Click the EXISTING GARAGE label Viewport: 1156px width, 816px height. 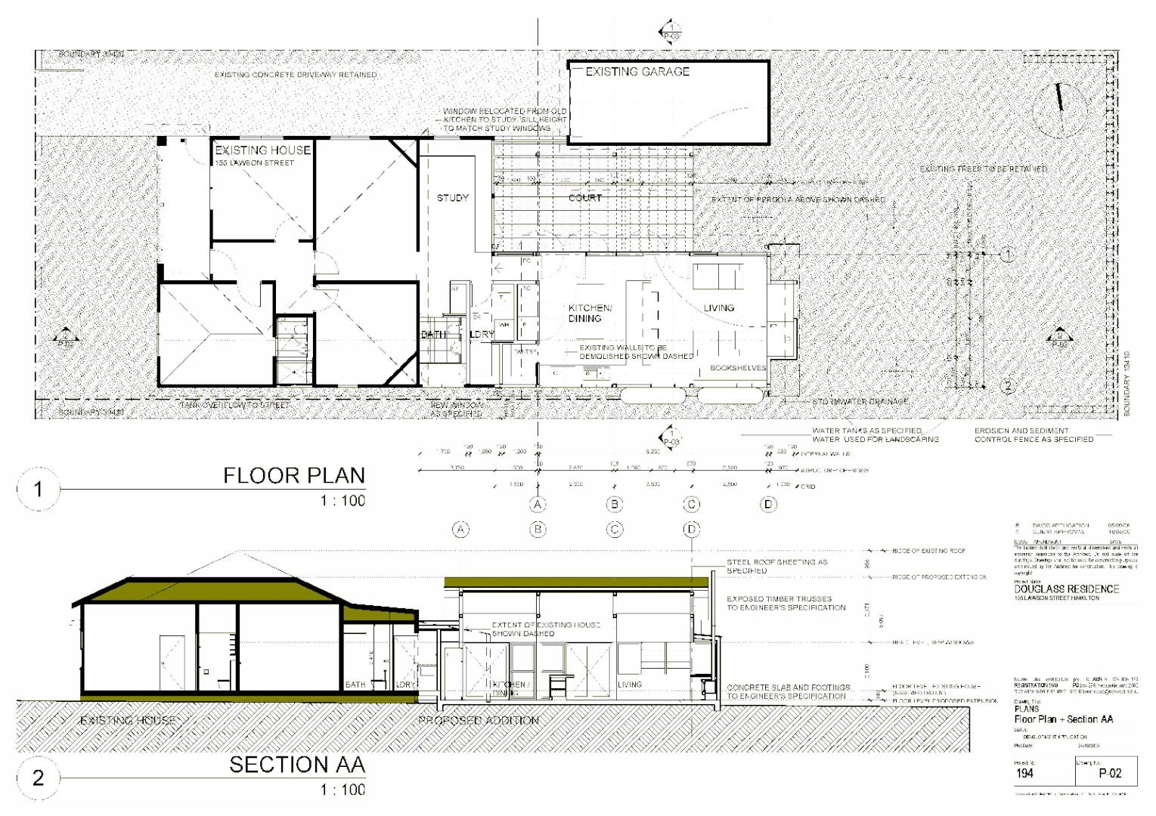(637, 72)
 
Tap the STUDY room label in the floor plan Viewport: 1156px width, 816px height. (452, 198)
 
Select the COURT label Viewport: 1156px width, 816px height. (585, 198)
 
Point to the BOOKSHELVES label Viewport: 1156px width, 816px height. (737, 369)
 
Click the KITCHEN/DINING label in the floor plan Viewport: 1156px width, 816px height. (590, 313)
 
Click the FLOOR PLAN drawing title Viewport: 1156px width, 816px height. (293, 475)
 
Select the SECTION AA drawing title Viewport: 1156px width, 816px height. (297, 765)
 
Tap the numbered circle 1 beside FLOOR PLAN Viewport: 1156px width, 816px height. (38, 490)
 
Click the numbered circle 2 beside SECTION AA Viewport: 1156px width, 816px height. (38, 777)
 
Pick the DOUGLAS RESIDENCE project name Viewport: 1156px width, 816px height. (1066, 589)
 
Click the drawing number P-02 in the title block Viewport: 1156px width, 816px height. (1110, 773)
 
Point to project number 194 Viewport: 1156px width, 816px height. (1024, 773)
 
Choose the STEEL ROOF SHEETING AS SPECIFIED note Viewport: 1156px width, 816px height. (776, 567)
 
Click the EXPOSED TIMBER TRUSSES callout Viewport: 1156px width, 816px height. (786, 603)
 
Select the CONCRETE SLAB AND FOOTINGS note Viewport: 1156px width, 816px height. (787, 692)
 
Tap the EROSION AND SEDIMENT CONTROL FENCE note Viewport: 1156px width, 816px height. (1033, 435)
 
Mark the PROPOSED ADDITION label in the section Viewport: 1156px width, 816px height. (478, 720)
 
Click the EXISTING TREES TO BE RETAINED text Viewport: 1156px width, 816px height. (983, 168)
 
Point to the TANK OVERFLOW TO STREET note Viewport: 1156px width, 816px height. (234, 405)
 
